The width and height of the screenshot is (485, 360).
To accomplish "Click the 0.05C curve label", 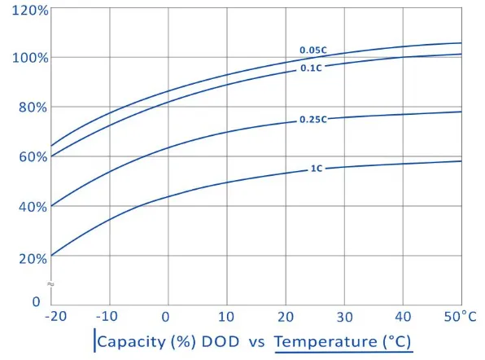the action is (313, 50).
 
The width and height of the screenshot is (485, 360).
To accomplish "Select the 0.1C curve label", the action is (311, 68).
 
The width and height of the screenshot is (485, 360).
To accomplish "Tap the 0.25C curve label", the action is (313, 120).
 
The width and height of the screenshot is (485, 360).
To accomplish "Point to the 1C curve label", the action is (317, 169).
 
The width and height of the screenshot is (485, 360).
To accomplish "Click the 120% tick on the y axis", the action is (30, 11).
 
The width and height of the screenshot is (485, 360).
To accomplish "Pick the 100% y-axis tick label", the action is (30, 58).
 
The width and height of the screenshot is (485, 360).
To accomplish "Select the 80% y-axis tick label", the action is (33, 108).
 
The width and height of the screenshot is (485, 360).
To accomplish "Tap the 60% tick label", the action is (33, 157).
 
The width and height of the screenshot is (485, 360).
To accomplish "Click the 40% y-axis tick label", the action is (33, 207).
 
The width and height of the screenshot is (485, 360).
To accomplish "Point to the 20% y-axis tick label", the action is (33, 258).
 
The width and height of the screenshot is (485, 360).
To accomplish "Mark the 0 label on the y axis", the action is (36, 301).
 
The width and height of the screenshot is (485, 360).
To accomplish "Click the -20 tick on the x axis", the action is (55, 317).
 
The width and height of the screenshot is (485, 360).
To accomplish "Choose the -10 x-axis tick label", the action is (107, 317).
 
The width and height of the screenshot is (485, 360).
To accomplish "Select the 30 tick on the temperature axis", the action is (344, 317).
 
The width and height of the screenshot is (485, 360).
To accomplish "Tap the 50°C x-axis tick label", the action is (460, 317).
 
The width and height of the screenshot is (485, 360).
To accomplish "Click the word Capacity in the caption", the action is (132, 342).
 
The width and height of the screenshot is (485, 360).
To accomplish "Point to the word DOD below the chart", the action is (221, 341).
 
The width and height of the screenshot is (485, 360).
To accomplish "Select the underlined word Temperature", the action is (326, 342).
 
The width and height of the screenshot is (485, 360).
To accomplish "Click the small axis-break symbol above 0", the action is (50, 284).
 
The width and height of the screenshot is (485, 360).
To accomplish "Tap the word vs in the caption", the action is (256, 343).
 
